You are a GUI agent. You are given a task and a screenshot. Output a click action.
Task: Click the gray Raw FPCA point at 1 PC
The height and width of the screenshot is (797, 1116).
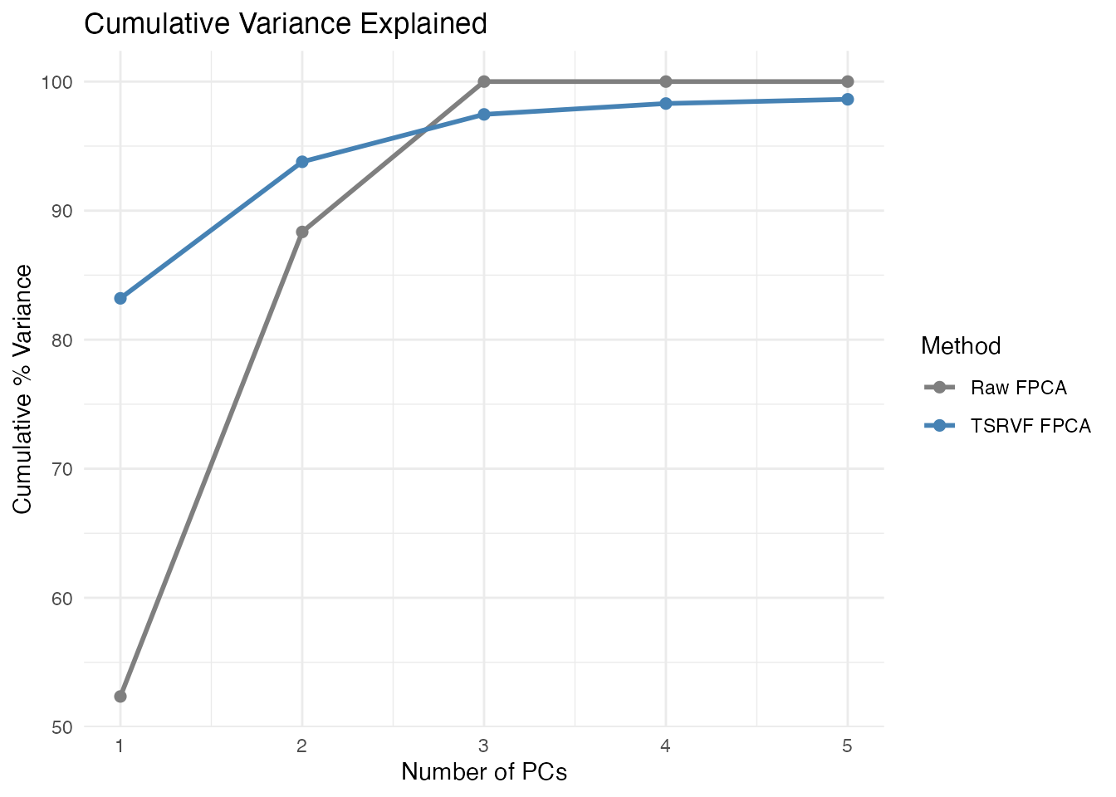coord(120,696)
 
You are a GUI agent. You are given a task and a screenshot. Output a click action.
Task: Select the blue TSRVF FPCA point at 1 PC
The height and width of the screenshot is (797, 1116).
coord(120,298)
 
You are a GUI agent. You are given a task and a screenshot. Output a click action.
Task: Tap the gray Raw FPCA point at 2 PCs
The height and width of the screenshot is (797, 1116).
coord(302,232)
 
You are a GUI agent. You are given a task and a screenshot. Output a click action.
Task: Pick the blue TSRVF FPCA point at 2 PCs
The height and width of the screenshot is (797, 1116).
coord(302,162)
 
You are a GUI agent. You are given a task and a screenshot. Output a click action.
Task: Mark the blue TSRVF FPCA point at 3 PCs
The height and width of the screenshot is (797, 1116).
coord(484,115)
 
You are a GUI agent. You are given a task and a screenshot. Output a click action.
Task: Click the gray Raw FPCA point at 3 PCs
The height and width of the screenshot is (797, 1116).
coord(484,81)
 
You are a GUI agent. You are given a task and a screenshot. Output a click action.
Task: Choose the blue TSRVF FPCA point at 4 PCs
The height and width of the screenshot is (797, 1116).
coord(666,104)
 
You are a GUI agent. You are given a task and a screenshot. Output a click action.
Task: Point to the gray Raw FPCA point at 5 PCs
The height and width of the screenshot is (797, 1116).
coord(848,81)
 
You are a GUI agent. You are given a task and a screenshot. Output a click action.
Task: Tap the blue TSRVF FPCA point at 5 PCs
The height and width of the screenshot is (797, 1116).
coord(848,100)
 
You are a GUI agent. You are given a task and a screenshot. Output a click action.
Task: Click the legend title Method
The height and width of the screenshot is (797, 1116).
coord(961,345)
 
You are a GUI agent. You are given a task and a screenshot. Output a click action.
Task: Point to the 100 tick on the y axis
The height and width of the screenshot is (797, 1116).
coord(64,82)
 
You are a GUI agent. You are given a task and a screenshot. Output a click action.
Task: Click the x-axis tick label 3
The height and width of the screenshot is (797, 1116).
coord(484,746)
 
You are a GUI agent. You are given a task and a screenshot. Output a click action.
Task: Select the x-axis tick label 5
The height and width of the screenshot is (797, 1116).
coord(848,746)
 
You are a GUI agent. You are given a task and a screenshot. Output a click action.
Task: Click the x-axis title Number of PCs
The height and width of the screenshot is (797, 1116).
coord(484,772)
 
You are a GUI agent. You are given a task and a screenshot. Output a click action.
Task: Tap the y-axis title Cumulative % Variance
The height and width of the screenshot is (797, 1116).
coord(23,389)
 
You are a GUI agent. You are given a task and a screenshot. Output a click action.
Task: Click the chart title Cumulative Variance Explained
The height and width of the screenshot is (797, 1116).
coord(286,24)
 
